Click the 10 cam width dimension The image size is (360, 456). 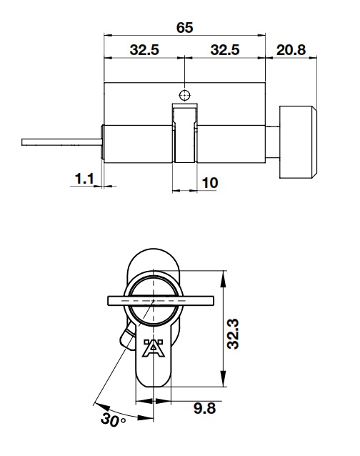(x=210, y=183)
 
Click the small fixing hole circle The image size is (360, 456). (x=185, y=95)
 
